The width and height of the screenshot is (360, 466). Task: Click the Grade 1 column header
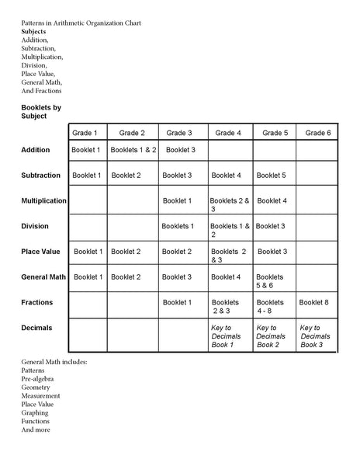(85, 133)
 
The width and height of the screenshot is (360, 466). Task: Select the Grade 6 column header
(318, 133)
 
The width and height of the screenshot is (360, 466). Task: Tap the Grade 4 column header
(228, 133)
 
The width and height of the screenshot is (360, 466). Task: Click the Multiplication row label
(44, 201)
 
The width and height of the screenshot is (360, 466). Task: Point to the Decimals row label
(37, 328)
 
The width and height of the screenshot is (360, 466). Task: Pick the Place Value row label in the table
(41, 252)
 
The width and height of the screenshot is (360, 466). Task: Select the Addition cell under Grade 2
(133, 150)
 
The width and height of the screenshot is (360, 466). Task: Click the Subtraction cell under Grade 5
(271, 176)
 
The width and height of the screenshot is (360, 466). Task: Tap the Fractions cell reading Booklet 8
(314, 302)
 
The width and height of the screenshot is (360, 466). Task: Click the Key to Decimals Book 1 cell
(227, 336)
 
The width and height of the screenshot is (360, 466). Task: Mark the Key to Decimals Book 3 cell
(315, 336)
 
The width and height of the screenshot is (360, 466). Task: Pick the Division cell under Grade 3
(178, 226)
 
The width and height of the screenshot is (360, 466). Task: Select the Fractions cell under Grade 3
(178, 302)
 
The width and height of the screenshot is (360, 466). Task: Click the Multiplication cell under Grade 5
(272, 200)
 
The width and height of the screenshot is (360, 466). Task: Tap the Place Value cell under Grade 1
(88, 252)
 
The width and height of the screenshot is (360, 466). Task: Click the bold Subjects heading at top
(33, 31)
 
